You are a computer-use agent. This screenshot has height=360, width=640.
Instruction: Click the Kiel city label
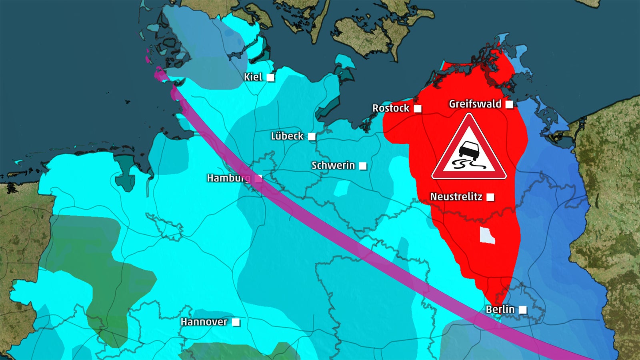tap(253, 77)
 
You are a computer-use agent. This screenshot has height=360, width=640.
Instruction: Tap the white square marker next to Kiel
tap(271, 78)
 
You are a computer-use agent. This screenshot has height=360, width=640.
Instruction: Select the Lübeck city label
tap(287, 136)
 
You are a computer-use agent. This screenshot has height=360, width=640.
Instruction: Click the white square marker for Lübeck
tap(312, 137)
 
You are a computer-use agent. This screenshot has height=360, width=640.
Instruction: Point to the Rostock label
tap(391, 108)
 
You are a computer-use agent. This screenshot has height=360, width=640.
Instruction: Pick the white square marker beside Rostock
tap(418, 109)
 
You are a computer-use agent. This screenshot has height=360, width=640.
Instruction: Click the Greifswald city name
tap(475, 104)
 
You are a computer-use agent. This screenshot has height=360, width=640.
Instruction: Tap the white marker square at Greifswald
tap(509, 104)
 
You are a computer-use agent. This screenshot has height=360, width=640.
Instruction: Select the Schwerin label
tap(333, 165)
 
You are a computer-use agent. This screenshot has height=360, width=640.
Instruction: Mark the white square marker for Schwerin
tap(363, 166)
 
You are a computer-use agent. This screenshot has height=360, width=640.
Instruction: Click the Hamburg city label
tap(228, 178)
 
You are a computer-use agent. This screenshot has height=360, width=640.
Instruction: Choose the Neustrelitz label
tap(456, 197)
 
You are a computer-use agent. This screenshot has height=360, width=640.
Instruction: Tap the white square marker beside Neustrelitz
tap(490, 197)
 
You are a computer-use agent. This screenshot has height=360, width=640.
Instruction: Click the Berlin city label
tap(500, 309)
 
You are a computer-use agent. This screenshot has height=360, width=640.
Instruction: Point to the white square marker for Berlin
tap(523, 310)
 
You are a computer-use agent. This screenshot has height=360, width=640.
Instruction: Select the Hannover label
tap(204, 322)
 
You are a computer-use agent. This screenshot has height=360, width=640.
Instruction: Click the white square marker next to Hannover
tap(236, 322)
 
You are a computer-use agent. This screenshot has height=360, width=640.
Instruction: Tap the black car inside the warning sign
tap(467, 150)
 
